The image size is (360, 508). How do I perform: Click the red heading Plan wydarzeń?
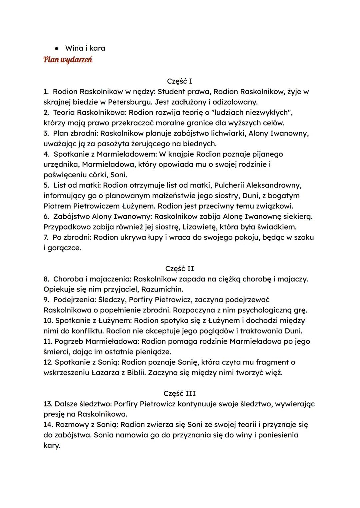(x=68, y=60)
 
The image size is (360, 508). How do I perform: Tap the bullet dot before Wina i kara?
(x=57, y=48)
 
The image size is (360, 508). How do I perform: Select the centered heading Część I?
(x=179, y=81)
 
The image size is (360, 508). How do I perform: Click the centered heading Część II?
(x=179, y=268)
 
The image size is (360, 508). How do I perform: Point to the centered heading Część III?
(x=179, y=393)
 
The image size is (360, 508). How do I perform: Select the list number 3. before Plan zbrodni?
(x=46, y=133)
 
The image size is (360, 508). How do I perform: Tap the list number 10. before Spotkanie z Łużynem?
(x=48, y=320)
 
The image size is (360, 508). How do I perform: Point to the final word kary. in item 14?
(x=52, y=445)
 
